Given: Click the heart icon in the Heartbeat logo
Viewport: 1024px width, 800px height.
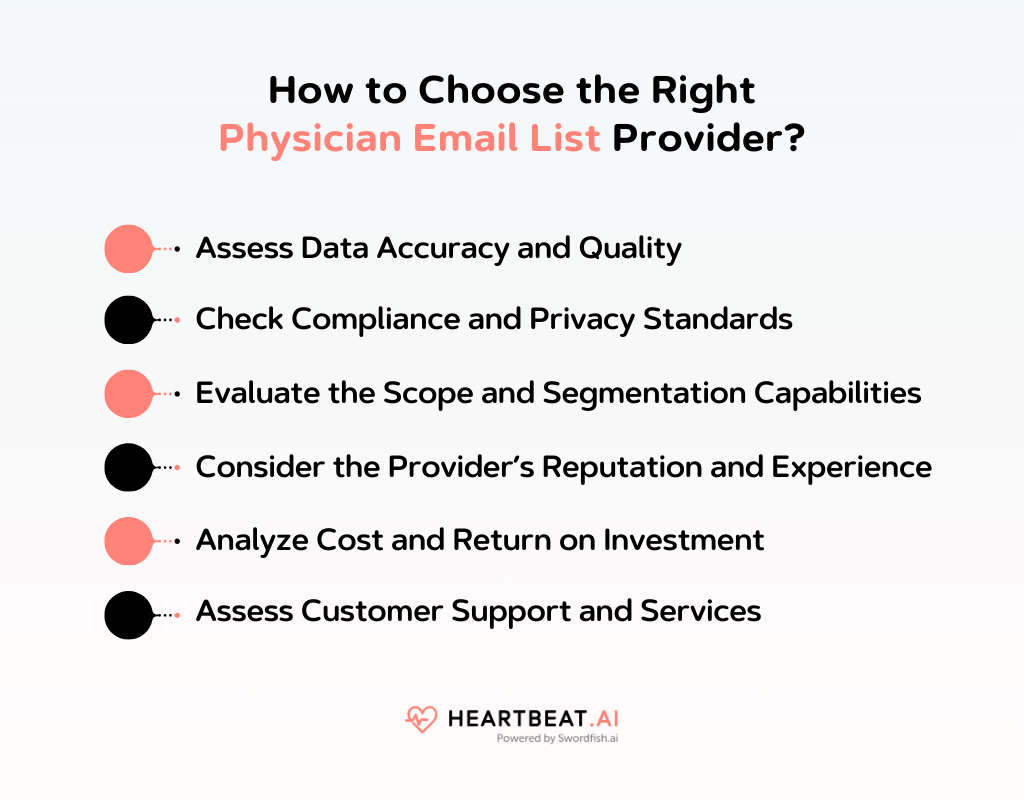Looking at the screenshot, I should click(x=420, y=719).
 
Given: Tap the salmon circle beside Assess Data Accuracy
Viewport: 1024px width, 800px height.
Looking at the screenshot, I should click(x=128, y=248).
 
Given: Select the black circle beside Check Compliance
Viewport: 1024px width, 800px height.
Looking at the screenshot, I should click(x=128, y=320).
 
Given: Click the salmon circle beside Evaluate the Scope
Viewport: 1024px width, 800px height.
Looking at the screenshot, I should click(x=128, y=393).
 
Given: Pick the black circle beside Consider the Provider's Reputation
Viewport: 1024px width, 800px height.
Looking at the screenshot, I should click(x=128, y=467).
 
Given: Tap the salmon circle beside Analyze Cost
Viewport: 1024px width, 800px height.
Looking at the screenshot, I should click(x=128, y=540).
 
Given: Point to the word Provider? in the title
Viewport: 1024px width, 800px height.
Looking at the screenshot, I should click(x=709, y=139).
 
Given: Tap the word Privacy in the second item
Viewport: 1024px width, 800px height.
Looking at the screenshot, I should click(x=583, y=320).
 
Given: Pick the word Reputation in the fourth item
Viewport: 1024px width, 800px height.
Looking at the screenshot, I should click(x=649, y=467).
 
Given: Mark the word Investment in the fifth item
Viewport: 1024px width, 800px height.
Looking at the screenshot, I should click(x=684, y=540).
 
